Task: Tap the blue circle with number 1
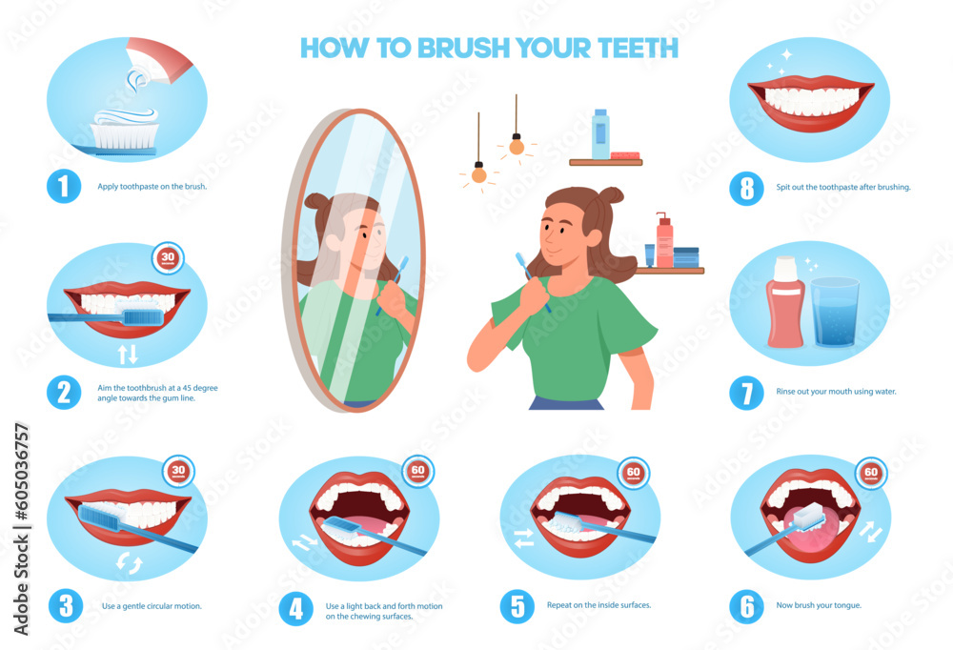64,186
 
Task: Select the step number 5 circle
517,607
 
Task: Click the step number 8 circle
746,188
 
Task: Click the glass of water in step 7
836,312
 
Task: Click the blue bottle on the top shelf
600,134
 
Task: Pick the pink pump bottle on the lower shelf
664,243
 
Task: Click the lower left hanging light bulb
479,173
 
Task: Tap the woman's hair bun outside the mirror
616,196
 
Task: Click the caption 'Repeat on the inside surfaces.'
598,605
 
